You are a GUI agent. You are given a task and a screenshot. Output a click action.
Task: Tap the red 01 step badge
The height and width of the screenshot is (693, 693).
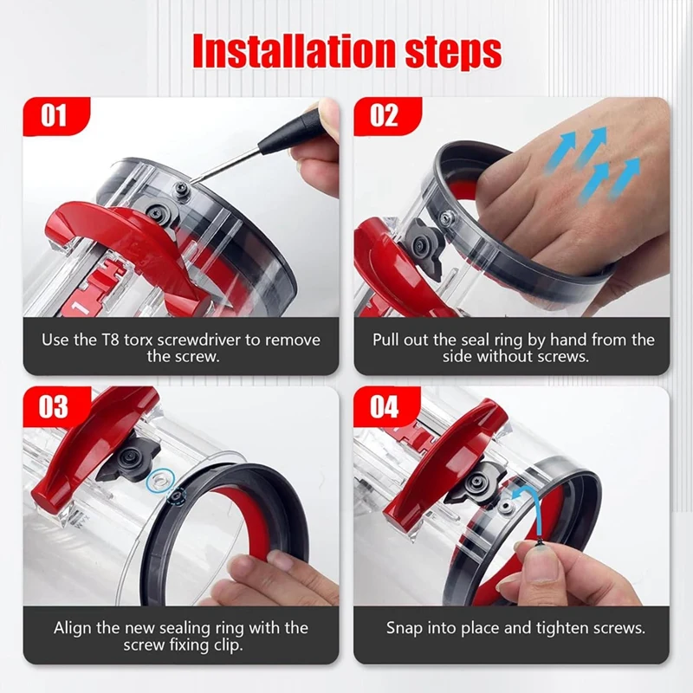(54, 115)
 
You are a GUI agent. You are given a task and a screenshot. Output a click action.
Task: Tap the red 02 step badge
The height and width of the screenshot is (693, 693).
(385, 115)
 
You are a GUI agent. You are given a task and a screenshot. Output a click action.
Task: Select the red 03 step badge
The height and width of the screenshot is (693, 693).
(54, 405)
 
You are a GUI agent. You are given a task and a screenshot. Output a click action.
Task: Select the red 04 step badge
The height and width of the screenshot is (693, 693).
(385, 405)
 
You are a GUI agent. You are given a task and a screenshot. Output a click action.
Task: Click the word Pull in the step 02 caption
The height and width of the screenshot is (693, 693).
(389, 340)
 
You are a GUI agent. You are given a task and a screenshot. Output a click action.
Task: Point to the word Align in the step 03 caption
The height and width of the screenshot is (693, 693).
(74, 627)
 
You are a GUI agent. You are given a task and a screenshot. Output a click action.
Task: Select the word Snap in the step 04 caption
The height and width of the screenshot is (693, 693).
(405, 627)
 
